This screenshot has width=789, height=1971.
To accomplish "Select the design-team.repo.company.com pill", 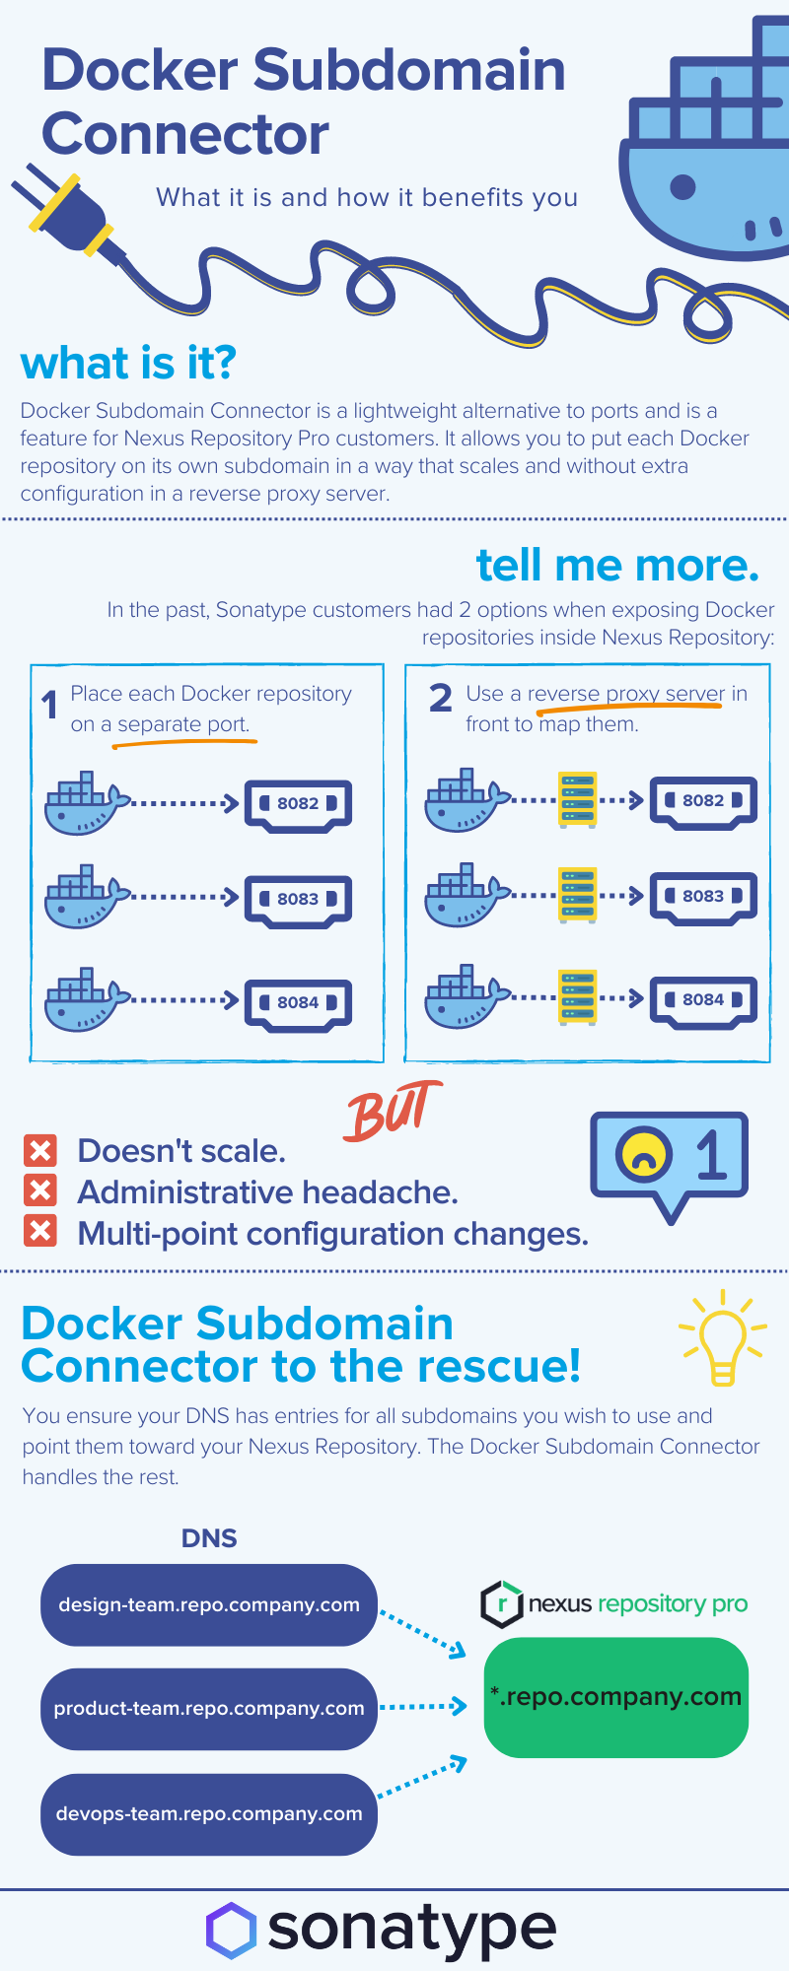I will pos(209,1604).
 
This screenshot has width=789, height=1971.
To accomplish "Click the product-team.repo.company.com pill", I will pos(209,1708).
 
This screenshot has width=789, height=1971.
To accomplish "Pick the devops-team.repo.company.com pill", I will pos(209,1813).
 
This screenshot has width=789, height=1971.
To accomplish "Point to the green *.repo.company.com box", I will pos(616,1697).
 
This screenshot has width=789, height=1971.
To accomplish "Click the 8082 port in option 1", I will pos(298,804).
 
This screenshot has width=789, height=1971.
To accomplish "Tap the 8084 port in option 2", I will pos(703,1000).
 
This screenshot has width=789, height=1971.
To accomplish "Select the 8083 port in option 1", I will pos(298,899).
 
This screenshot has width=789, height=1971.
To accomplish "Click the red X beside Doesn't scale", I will pos(40,1150).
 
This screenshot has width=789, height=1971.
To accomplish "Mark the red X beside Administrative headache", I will pos(40,1190).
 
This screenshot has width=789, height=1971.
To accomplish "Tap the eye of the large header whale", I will pos(682,185).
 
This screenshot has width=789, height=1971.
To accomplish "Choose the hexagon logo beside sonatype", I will pos(231,1930).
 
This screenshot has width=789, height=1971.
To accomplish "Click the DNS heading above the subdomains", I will pos(209,1538).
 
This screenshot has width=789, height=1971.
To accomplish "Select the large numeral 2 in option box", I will pos(441,699).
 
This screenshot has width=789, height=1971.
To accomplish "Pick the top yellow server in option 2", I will pos(577,800).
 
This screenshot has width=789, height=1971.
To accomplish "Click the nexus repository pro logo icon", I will pos(501,1603).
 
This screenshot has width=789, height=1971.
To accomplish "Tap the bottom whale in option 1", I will pos(85,999).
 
